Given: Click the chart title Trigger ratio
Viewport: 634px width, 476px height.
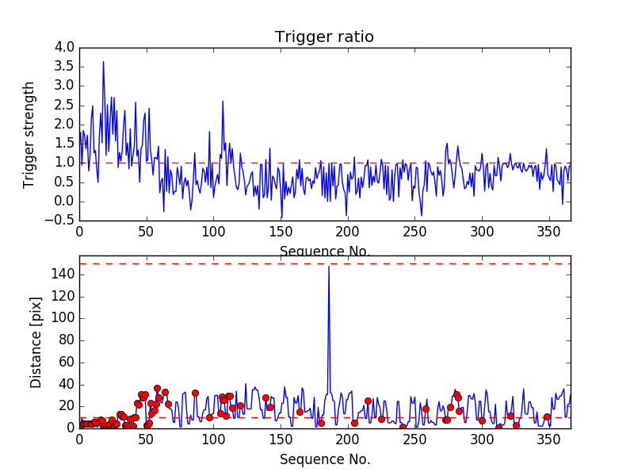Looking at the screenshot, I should [x=324, y=37].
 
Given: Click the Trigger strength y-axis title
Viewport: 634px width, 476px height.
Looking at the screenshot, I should [x=29, y=134].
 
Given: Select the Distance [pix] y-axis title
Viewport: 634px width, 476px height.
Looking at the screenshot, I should [x=36, y=341].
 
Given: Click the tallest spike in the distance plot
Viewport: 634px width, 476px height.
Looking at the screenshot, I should [x=329, y=267].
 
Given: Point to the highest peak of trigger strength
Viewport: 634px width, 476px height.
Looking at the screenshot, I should [x=103, y=62].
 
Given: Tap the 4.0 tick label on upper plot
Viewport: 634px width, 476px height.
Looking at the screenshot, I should [x=65, y=48].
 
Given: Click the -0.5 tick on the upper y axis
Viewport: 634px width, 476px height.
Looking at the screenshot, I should [x=62, y=221].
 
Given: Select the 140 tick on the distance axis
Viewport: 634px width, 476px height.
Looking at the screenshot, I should [x=63, y=274].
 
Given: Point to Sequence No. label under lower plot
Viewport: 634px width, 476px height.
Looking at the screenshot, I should [x=324, y=459].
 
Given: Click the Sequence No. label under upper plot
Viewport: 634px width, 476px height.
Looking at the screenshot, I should [x=324, y=251].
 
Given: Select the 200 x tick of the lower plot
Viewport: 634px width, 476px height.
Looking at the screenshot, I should [x=347, y=440].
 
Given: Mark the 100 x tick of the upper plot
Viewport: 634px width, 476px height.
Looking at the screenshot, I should [x=213, y=233].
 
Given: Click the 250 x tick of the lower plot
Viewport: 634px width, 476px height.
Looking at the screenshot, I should [x=414, y=440].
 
